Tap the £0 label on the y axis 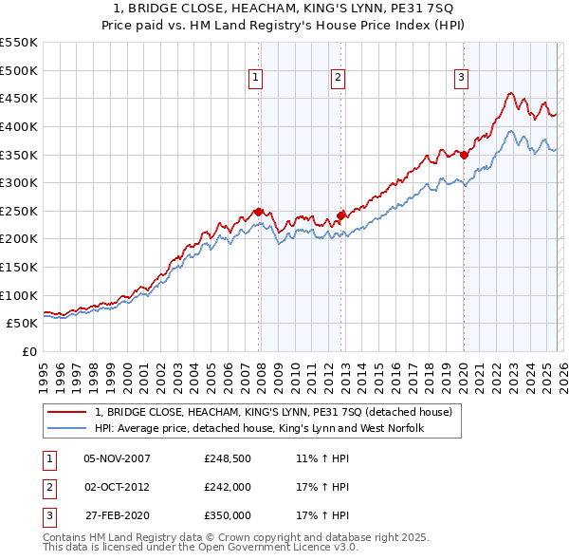(28, 351)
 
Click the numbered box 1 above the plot (257, 79)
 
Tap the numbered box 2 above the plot (339, 79)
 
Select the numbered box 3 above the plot (461, 79)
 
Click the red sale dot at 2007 (258, 212)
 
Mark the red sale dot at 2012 (340, 215)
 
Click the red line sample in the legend (66, 412)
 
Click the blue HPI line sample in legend (66, 428)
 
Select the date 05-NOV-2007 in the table (118, 458)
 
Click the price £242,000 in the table (228, 486)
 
